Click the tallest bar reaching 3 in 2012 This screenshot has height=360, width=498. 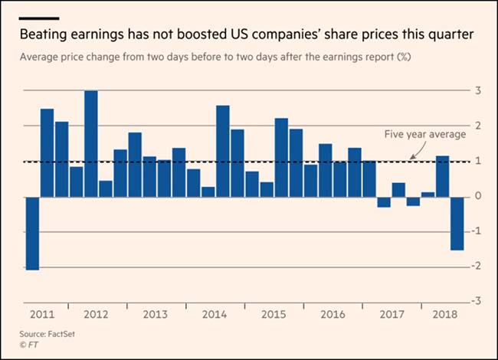click(x=90, y=143)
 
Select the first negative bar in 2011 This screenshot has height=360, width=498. click(x=32, y=233)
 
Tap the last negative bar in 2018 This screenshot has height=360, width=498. click(x=457, y=223)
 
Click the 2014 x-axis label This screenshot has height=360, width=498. click(x=215, y=315)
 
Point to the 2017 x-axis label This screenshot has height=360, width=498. click(x=392, y=315)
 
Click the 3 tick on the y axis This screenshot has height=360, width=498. click(x=478, y=91)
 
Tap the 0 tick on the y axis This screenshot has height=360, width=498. click(x=478, y=197)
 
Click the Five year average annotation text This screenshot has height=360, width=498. click(x=424, y=135)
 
